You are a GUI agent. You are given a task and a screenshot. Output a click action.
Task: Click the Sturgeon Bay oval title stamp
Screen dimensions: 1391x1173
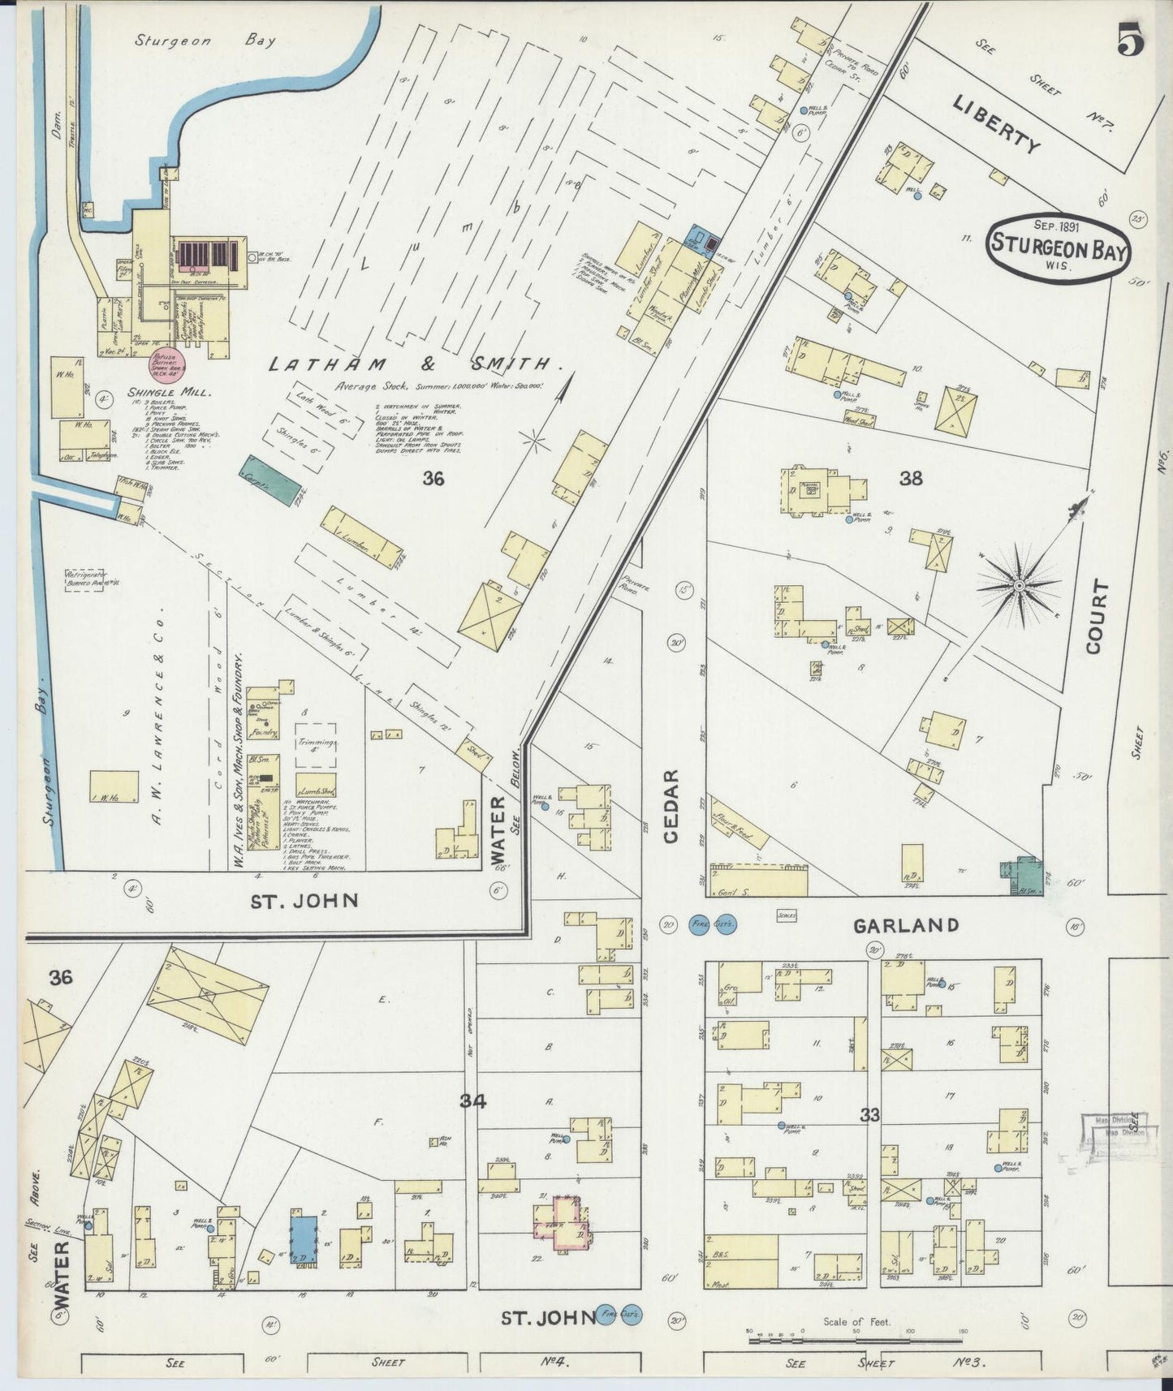coord(1059,249)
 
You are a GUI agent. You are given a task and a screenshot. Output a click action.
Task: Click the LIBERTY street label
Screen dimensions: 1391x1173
coord(996,124)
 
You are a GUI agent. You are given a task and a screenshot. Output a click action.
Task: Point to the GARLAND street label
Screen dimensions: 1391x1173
coord(905,925)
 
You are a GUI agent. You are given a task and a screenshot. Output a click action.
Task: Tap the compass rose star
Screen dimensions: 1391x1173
coord(1018,584)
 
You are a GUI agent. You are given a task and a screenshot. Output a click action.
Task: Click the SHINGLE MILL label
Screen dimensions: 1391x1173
coord(170,392)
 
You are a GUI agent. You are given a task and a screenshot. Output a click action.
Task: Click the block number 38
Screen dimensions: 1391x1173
coord(911,479)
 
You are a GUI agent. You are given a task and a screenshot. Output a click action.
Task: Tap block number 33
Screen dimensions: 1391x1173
coord(869,1116)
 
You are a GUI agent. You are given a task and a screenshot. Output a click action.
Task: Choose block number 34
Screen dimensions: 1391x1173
coord(472,1101)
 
